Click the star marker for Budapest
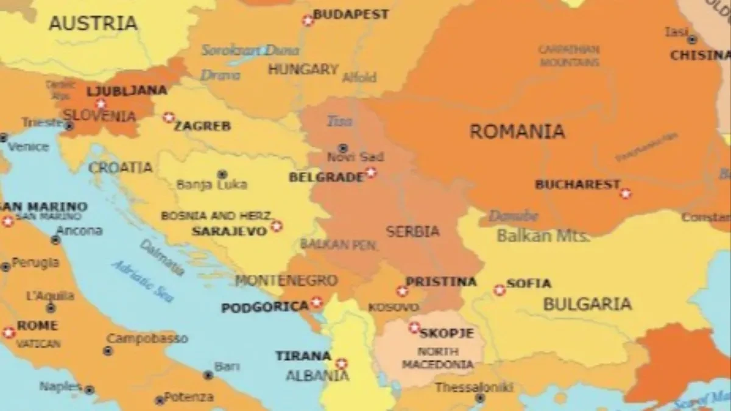point(308,21)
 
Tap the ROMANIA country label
point(517,131)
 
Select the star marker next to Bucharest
point(625,194)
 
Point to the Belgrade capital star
point(370,173)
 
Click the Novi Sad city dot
point(343,148)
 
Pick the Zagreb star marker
point(169,118)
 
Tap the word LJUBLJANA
point(127,91)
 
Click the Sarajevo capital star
point(277,226)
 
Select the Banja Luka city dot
point(222,174)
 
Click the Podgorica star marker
point(316,302)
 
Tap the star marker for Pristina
point(402,291)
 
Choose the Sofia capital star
point(500,290)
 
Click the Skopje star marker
point(414,328)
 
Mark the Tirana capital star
point(341,364)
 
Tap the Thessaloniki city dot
point(480,398)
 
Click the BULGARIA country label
point(587,304)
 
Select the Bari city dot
point(208,375)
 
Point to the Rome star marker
point(9,332)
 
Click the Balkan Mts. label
point(543,236)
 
